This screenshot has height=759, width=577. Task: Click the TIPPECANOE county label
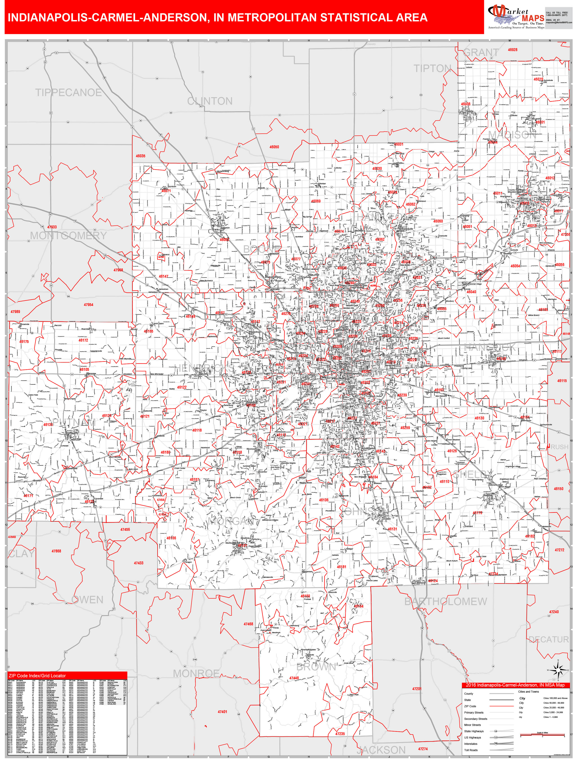tap(68, 93)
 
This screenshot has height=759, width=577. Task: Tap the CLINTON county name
tap(210, 101)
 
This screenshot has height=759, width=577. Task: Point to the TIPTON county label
tap(432, 69)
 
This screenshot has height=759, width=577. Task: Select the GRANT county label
tap(481, 52)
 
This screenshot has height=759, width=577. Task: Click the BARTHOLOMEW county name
tap(446, 601)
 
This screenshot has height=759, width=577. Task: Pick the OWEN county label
tap(87, 600)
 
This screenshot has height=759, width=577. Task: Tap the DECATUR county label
tap(548, 640)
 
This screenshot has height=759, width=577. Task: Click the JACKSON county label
tap(381, 750)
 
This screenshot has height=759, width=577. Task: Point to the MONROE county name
tap(196, 673)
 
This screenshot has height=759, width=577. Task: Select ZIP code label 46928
tap(512, 50)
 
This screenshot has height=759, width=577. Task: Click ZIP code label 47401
tap(222, 712)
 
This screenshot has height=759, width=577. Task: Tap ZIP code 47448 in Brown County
tap(294, 678)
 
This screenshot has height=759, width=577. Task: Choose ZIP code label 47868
tap(56, 551)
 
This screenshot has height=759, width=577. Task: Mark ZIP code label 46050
tap(274, 147)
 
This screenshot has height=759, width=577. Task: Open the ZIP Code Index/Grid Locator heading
tap(37, 676)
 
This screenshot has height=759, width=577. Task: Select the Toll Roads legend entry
tap(471, 750)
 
